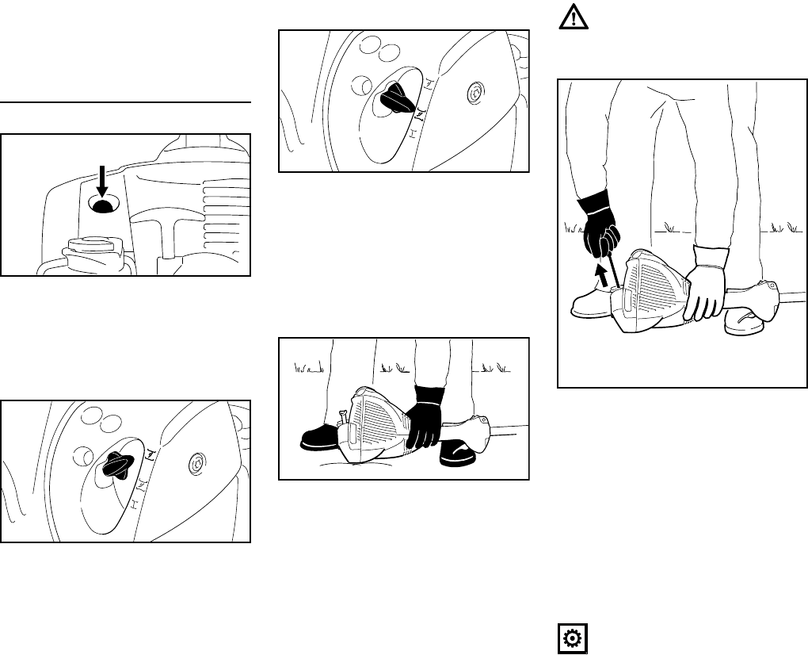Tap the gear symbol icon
pyautogui.click(x=571, y=639)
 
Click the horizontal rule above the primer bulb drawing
pyautogui.click(x=125, y=103)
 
